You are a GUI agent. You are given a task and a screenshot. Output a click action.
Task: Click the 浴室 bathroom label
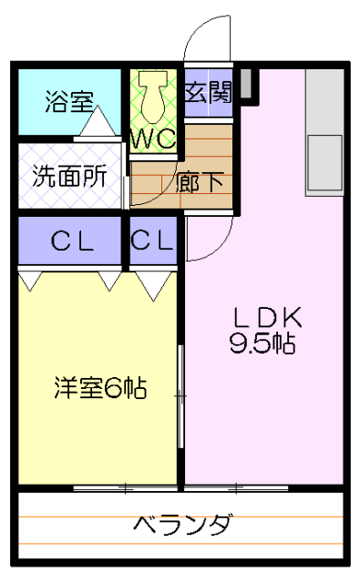pos(68,100)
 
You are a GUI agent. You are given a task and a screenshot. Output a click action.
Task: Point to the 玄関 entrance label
pos(209,92)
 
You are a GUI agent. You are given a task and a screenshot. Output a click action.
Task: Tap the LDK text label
pos(266,318)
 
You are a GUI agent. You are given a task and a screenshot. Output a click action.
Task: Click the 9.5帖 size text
pos(266,343)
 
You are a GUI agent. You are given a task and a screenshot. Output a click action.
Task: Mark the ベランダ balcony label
pos(182,526)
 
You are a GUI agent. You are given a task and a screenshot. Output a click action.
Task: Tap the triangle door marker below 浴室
pos(95,125)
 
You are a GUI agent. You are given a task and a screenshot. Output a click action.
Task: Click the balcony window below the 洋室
pos(124,488)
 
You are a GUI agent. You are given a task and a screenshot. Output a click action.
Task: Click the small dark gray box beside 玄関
pos(244,85)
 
